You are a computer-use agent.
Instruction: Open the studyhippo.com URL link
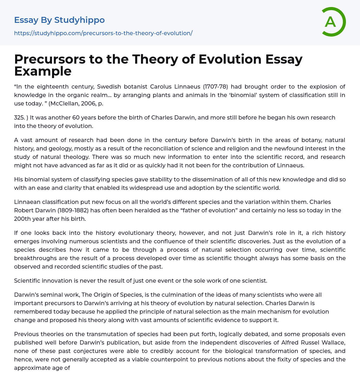(x=103, y=33)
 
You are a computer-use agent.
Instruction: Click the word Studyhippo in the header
(x=79, y=20)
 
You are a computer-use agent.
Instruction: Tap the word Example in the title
(x=43, y=71)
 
